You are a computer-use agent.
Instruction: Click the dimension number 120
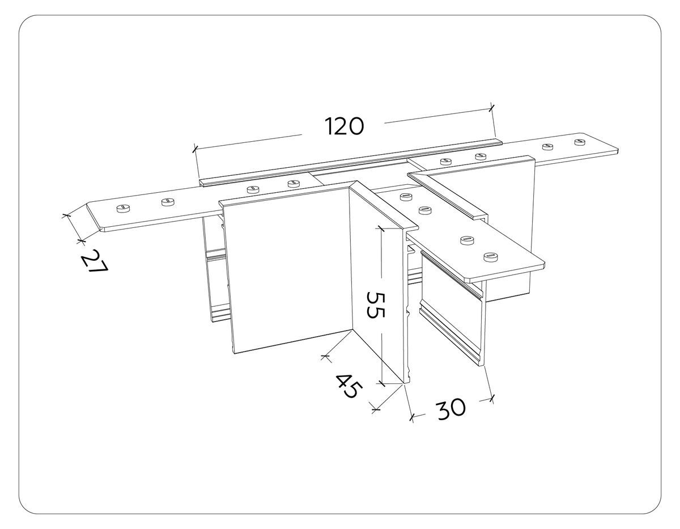point(344,126)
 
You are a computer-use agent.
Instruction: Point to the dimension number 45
point(347,386)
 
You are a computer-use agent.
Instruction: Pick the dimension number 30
point(450,409)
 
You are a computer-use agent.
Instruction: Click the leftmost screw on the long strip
point(122,209)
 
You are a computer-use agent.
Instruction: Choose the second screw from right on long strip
point(547,147)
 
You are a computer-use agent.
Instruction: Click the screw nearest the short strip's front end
point(488,257)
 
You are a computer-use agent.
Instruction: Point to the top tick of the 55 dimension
point(381,228)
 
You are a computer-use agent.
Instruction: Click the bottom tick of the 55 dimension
point(382,383)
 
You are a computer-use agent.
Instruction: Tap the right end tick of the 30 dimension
point(491,398)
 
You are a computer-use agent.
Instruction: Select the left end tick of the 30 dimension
point(411,417)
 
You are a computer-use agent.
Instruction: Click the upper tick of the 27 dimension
point(66,215)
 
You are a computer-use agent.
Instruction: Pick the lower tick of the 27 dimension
point(80,242)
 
